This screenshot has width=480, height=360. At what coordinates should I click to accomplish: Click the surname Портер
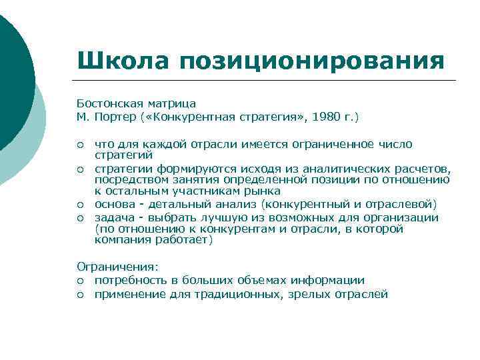pos(111,117)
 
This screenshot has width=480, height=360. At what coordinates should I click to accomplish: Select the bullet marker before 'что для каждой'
pos(80,145)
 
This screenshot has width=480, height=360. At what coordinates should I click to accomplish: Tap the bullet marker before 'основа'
pos(80,204)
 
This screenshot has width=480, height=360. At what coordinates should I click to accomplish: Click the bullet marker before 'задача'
pos(80,218)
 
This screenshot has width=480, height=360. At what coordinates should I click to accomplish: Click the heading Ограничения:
pos(117,267)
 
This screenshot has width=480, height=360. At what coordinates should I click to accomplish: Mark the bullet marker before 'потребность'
pos(80,281)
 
